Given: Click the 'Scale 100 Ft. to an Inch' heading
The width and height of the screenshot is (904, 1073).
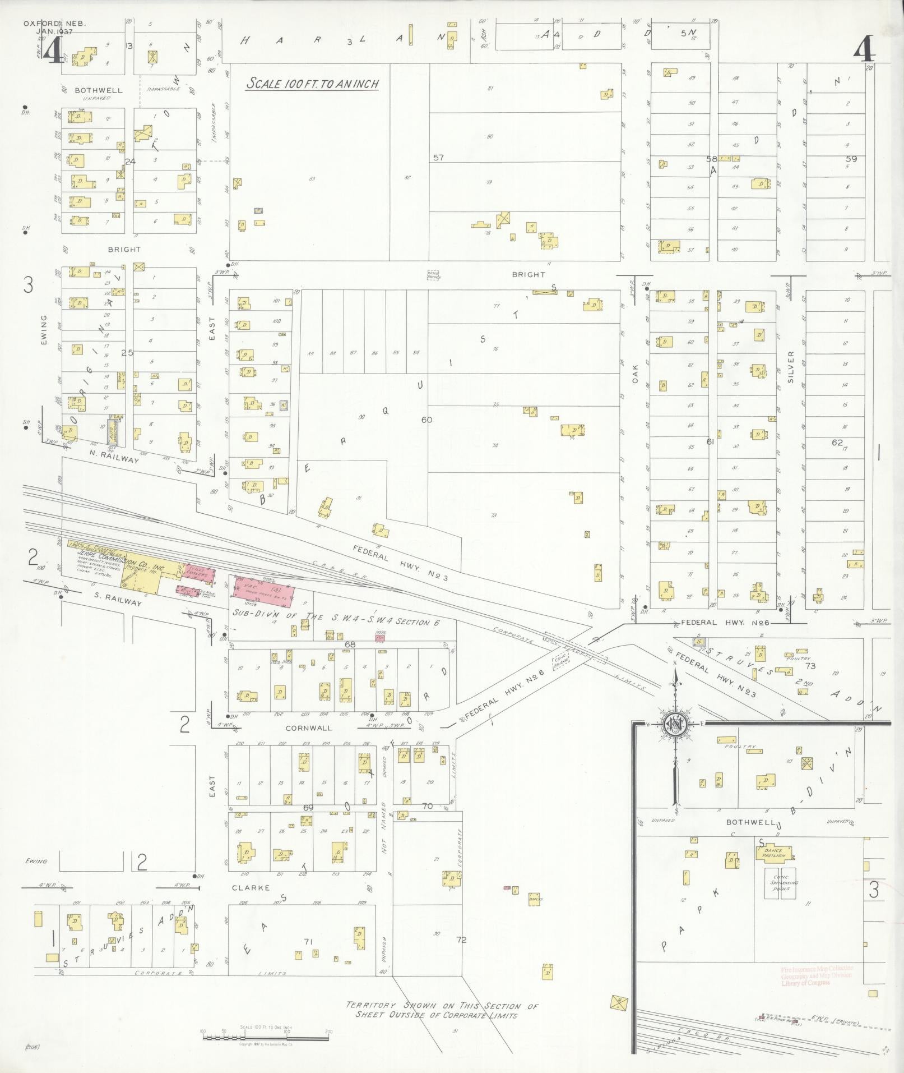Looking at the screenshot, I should (313, 84).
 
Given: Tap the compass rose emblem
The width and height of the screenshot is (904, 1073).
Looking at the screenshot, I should (675, 725).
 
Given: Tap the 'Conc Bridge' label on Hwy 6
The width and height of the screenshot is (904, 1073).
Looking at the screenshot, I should (561, 661).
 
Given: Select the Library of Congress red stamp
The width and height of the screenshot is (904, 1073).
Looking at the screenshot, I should (816, 975).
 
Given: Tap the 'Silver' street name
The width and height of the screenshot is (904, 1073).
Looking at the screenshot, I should (791, 367).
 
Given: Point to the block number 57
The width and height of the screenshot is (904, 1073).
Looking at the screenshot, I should (438, 158).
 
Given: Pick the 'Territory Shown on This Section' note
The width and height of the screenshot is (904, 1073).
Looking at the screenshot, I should (442, 1010).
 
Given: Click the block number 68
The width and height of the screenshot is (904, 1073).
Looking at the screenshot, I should (350, 644).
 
